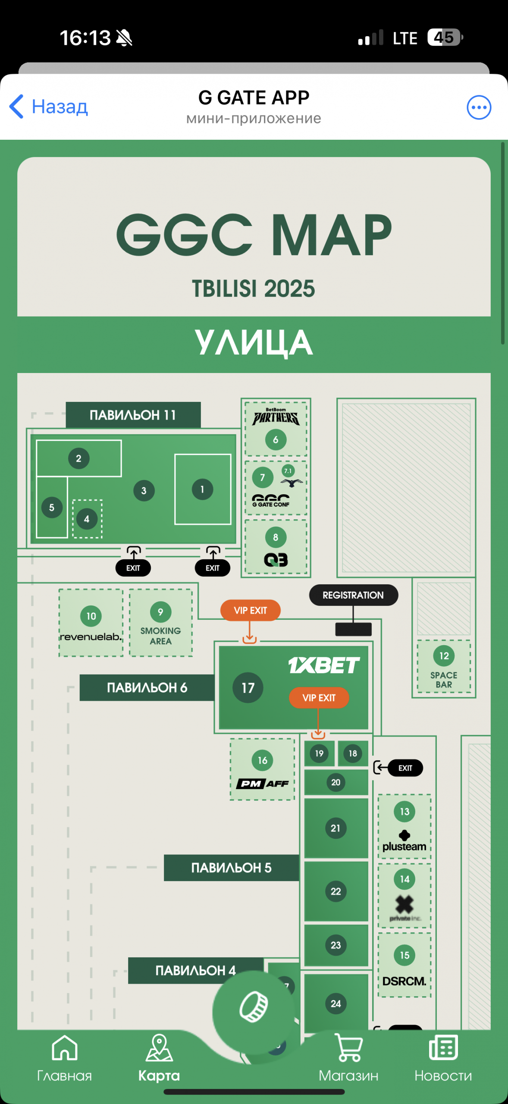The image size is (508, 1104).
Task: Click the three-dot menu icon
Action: (x=479, y=107)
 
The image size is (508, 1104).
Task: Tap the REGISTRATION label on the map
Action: (x=353, y=595)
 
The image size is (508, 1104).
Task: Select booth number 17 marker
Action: (x=248, y=688)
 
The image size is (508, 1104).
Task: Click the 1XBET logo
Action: (x=324, y=665)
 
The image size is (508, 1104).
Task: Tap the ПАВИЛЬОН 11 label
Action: (x=133, y=415)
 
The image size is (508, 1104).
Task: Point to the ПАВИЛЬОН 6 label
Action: (x=147, y=687)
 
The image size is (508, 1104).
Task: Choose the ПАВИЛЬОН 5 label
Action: (x=231, y=867)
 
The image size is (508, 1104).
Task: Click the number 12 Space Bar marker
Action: (x=444, y=656)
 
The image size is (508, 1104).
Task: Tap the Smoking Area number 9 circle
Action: (x=160, y=612)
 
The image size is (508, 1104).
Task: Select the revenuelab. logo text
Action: (x=91, y=637)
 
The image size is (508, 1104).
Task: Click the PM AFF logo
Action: (x=262, y=784)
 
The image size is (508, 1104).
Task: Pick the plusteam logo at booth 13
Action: (x=404, y=841)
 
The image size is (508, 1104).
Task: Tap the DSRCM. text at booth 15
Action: (x=404, y=981)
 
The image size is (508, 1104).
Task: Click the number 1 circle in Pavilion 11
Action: (x=202, y=489)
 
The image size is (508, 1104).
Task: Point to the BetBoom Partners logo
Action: (x=276, y=417)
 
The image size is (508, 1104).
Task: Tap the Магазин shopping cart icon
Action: (x=348, y=1048)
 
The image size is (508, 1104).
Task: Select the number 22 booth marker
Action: (x=336, y=891)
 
